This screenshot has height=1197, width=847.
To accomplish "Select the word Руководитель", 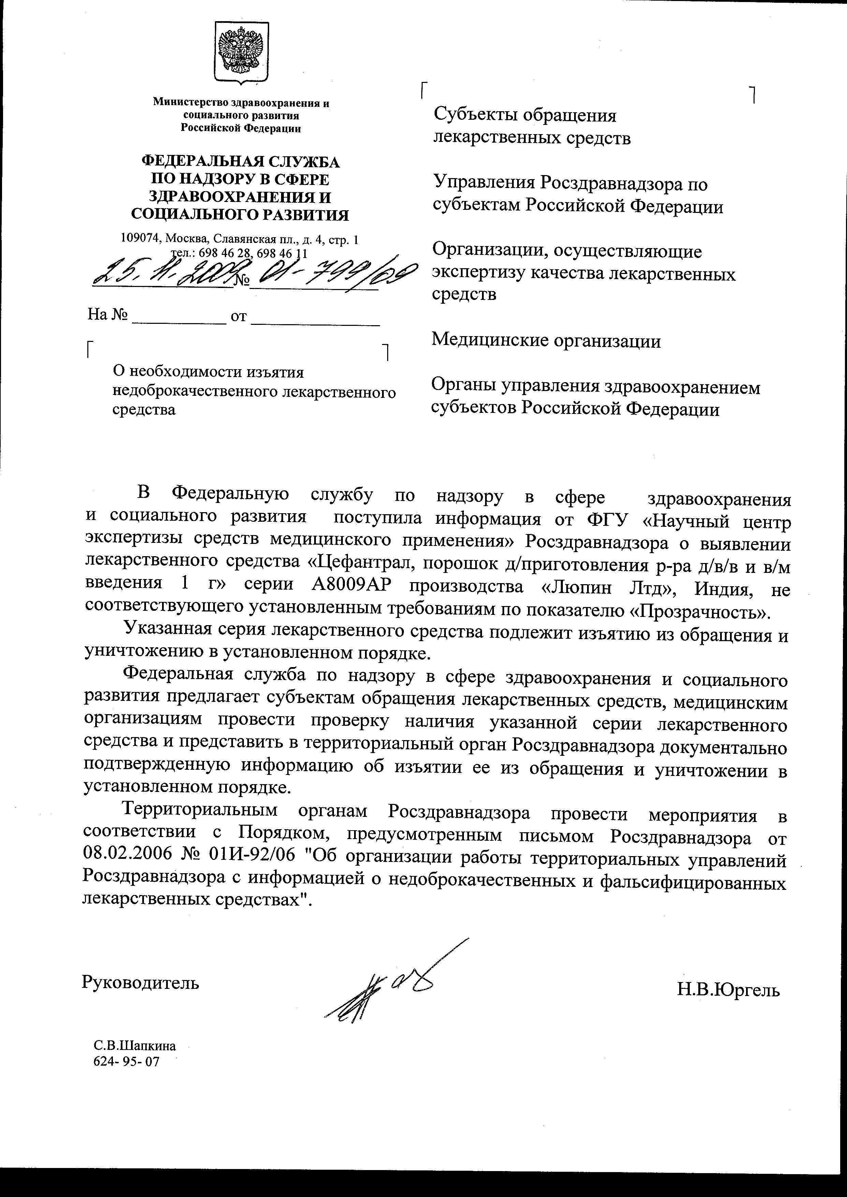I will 140,983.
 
